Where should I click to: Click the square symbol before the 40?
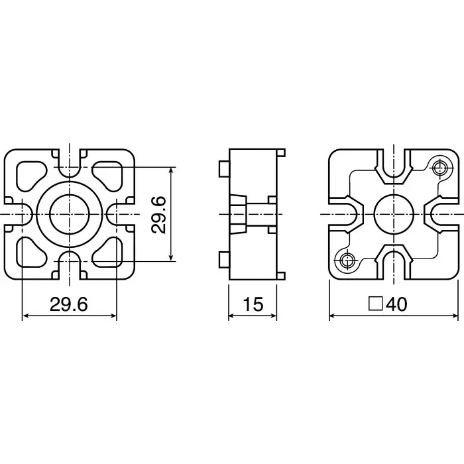tap(376, 304)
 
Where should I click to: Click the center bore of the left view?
tap(69, 214)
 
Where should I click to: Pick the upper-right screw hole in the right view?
tap(438, 168)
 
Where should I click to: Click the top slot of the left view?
tap(69, 162)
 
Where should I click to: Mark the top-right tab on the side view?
tap(280, 153)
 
